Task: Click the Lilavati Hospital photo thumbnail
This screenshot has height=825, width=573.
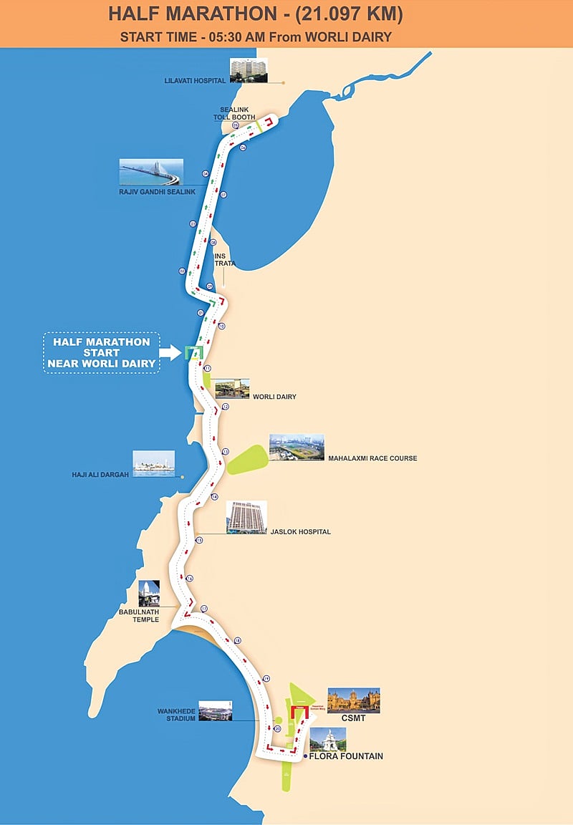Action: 249,70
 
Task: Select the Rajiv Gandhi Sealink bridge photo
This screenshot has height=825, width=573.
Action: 151,172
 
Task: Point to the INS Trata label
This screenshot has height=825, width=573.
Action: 225,259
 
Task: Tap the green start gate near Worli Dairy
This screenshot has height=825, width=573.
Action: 193,352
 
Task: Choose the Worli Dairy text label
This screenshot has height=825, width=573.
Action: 274,397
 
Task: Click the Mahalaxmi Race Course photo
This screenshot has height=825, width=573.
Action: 297,447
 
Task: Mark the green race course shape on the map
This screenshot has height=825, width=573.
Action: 247,459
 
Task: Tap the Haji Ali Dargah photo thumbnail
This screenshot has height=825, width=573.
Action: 153,463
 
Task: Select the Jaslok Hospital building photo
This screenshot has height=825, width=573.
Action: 246,517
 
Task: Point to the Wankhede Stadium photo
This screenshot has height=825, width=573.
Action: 215,710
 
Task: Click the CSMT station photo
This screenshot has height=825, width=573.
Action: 354,700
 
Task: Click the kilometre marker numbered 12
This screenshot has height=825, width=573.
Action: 225,406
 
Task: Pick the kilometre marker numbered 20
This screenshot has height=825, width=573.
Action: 277,728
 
